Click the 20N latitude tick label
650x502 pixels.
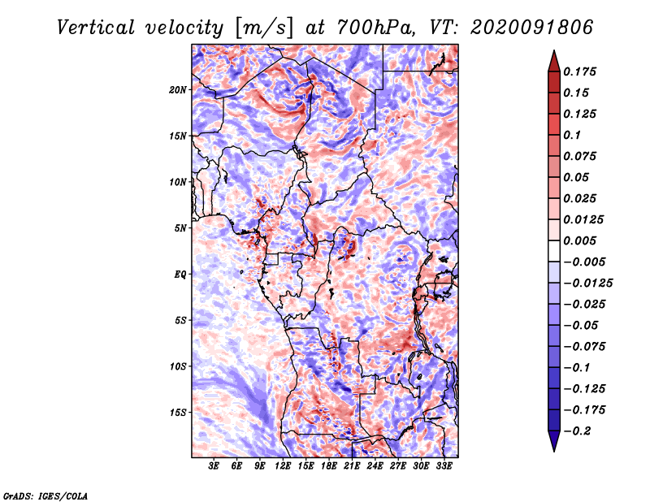177,90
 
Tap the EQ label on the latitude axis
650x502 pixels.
180,275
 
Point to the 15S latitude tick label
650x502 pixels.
177,413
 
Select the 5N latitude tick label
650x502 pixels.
180,228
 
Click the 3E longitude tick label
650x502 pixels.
214,465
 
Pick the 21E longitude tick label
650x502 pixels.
352,465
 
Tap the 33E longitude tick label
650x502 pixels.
444,465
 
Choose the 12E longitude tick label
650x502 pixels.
282,465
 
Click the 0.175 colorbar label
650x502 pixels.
579,71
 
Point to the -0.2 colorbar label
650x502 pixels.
577,431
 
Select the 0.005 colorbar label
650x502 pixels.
579,240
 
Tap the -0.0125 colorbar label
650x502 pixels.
587,283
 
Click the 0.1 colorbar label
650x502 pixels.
572,135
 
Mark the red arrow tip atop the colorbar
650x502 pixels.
554,51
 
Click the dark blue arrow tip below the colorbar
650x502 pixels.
554,451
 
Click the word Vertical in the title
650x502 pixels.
96,28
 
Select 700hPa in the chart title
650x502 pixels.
375,28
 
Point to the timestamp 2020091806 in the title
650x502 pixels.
532,28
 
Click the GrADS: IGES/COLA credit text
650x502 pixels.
45,496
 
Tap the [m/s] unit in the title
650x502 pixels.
264,28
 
